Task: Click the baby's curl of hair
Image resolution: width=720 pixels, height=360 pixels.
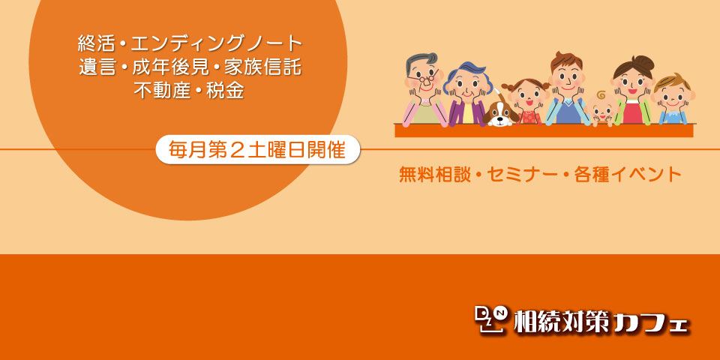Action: (601, 94)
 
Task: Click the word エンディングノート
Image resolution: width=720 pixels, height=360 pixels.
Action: (217, 44)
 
